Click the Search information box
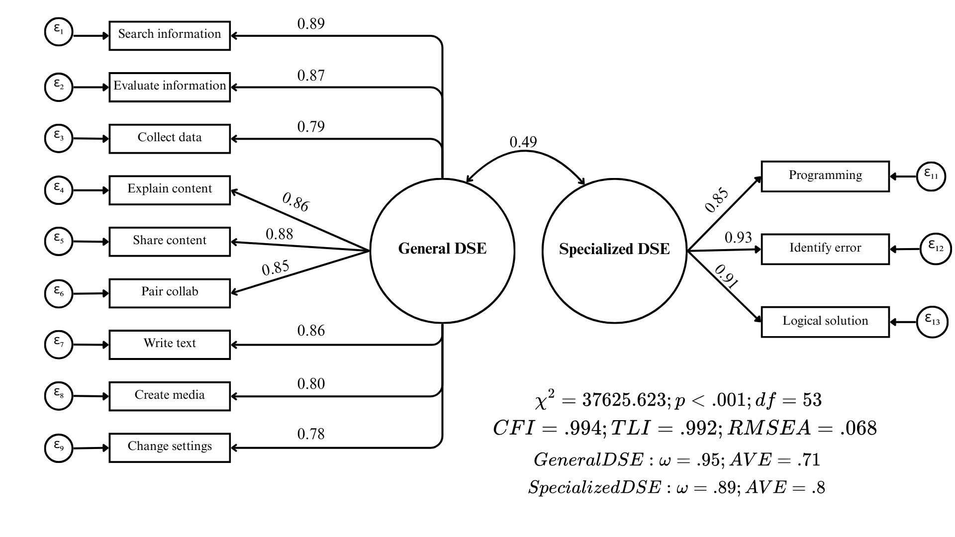170,35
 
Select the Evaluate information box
170,87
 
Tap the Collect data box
170,138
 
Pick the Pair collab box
170,293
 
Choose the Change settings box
170,447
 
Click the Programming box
825,176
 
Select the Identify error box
825,249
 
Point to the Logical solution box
825,322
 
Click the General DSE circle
442,251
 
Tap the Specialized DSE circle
614,251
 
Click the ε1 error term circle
59,32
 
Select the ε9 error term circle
59,447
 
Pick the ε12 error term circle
936,249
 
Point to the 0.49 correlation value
523,143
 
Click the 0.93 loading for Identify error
738,238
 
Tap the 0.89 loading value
311,24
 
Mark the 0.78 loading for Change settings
311,434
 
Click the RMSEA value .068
859,428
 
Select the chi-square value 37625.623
624,400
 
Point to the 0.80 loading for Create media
311,384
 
